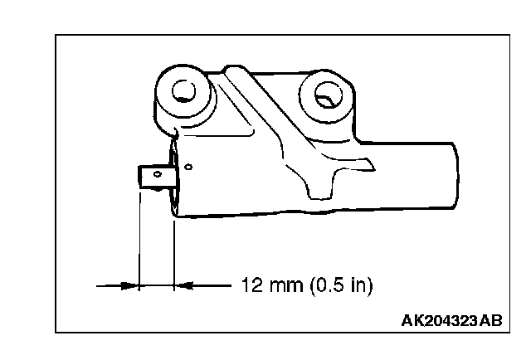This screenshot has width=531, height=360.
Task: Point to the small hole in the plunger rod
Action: (155, 173)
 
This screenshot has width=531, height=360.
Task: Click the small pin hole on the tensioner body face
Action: (189, 167)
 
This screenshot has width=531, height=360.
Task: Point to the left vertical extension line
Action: (139, 241)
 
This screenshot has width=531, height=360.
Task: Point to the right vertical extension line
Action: (174, 249)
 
